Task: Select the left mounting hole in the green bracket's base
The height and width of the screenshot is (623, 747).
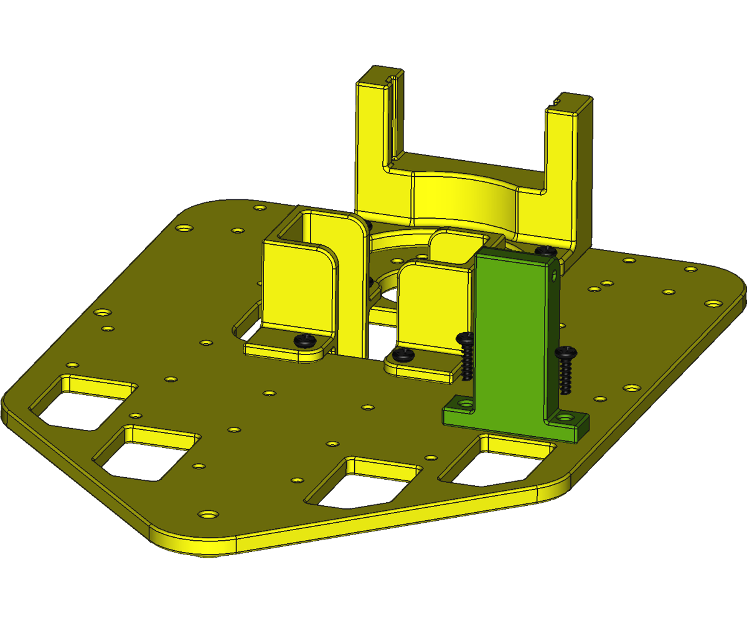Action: pyautogui.click(x=463, y=404)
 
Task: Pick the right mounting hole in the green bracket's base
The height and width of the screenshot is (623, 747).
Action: pyautogui.click(x=565, y=417)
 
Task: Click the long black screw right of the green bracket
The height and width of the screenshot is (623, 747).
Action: pyautogui.click(x=566, y=371)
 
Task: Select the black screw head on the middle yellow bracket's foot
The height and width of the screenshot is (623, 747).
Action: pyautogui.click(x=403, y=355)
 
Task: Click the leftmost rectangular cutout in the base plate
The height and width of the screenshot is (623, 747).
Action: pyautogui.click(x=84, y=403)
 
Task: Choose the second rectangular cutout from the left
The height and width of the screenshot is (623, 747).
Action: pyautogui.click(x=148, y=453)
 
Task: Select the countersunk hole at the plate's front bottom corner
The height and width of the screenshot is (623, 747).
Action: pyautogui.click(x=208, y=515)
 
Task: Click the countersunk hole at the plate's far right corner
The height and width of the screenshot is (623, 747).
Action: pyautogui.click(x=713, y=305)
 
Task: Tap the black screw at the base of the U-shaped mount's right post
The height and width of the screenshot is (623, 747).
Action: pyautogui.click(x=545, y=250)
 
